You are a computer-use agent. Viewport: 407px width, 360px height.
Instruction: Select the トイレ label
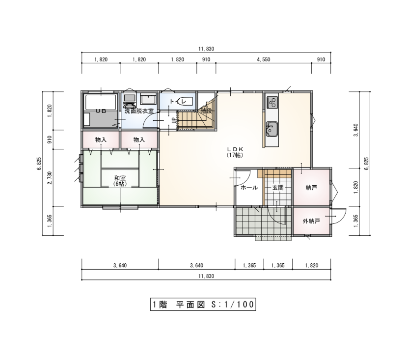click(x=178, y=101)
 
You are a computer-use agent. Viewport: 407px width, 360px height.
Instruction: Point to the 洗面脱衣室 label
click(x=139, y=111)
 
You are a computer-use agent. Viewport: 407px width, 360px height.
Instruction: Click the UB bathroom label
click(x=101, y=111)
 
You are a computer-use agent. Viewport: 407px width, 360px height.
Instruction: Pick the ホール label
click(x=249, y=188)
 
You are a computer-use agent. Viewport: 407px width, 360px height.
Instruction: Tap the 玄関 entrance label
click(x=278, y=188)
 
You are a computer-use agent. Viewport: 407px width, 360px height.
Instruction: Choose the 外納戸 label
click(x=311, y=222)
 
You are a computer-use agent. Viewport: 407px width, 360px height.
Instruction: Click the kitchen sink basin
click(x=272, y=129)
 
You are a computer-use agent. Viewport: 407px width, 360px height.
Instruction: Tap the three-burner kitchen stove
click(x=272, y=102)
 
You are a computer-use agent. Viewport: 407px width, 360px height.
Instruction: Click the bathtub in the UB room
click(x=101, y=103)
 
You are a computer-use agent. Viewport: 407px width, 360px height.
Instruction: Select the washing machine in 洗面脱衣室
click(x=130, y=101)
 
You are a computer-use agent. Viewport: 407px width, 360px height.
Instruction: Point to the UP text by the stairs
click(x=174, y=120)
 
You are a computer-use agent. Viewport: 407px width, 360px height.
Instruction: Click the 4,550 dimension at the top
click(x=264, y=59)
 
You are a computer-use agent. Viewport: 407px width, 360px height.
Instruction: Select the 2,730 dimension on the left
click(x=50, y=178)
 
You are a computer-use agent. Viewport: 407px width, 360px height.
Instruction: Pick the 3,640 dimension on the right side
click(x=356, y=130)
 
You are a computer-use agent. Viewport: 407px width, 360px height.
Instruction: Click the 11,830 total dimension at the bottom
click(x=206, y=276)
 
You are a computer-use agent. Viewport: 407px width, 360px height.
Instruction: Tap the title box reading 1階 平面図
click(x=203, y=304)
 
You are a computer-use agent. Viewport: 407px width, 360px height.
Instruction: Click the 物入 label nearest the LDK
click(x=139, y=140)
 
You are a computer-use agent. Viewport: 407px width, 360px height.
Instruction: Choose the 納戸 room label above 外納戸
click(x=311, y=188)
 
